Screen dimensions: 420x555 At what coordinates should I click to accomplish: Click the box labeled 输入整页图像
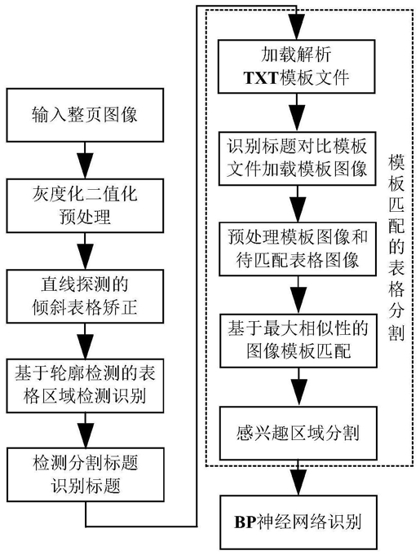coord(85,115)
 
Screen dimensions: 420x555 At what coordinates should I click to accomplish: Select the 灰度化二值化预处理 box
coord(85,205)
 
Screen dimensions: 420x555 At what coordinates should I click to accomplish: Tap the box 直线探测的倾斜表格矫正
coord(85,296)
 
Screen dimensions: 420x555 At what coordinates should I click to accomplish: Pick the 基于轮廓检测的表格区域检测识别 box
coord(85,385)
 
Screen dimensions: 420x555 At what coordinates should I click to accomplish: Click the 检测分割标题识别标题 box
coord(86,474)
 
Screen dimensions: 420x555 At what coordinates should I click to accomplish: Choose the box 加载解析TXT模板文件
coord(296,66)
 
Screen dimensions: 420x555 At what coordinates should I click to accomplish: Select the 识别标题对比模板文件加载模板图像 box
coord(298,158)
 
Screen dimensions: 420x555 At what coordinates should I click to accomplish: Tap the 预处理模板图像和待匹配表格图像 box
coord(298,249)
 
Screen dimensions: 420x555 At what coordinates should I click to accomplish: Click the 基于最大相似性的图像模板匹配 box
coord(298,340)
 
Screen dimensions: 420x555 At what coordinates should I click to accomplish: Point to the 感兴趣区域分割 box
coord(298,433)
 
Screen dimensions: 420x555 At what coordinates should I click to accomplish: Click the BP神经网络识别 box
coord(298,522)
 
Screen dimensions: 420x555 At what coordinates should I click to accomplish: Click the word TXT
coord(261,77)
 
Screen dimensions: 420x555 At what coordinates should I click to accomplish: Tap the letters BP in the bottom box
coord(245,522)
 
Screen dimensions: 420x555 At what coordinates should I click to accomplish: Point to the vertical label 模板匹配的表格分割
coord(396,248)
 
